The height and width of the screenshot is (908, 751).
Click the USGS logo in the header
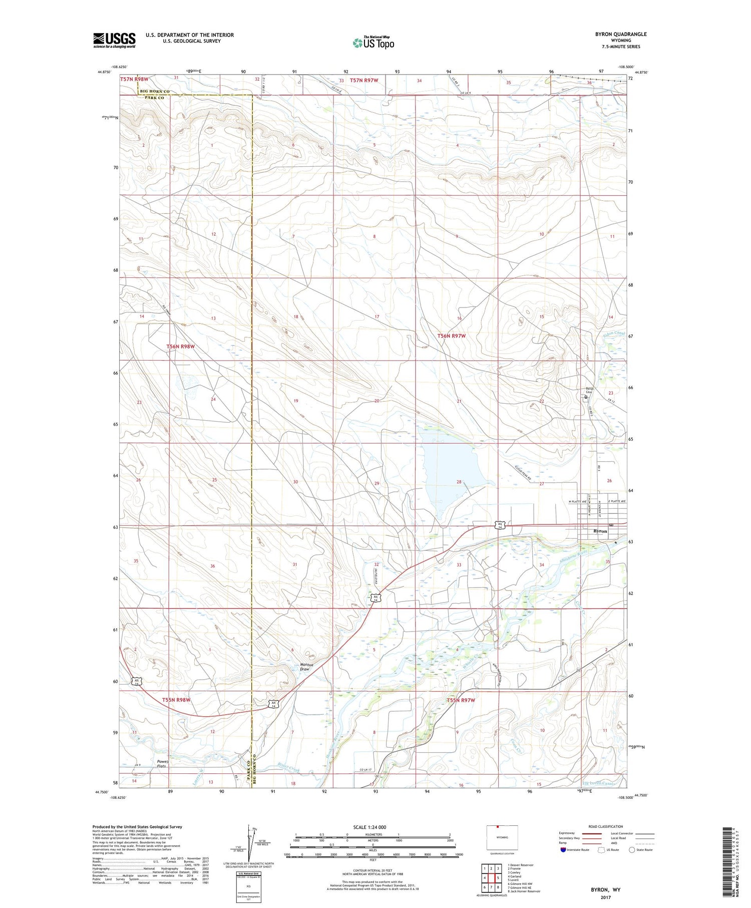[x=114, y=40]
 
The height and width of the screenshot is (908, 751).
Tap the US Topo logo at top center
[x=373, y=43]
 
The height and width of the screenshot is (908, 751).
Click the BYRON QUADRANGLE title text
[x=620, y=34]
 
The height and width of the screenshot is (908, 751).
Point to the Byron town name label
[x=600, y=531]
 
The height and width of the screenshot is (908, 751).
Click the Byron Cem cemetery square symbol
[x=586, y=397]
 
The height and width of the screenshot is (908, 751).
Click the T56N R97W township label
[x=451, y=336]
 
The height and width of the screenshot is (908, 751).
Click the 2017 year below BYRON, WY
[x=605, y=897]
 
